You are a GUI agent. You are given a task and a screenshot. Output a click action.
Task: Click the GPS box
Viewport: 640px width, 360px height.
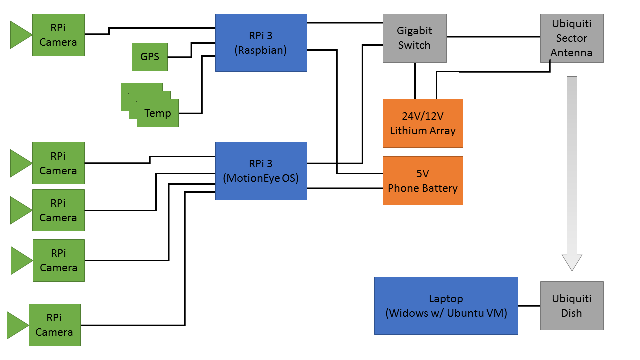[150, 57]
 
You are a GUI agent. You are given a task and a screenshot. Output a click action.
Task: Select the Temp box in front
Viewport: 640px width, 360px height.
[158, 113]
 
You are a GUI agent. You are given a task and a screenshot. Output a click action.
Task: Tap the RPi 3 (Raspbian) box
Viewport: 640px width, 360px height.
[261, 43]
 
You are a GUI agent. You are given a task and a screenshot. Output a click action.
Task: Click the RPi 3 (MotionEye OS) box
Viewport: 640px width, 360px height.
[261, 171]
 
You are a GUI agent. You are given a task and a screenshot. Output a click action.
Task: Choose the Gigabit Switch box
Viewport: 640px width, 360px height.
[414, 38]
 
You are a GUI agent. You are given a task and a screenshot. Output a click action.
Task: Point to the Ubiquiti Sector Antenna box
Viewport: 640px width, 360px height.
[572, 38]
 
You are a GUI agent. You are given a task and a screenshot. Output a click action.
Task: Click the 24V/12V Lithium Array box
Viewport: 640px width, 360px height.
[423, 123]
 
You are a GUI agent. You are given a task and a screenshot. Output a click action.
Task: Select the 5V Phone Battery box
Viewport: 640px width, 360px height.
[423, 181]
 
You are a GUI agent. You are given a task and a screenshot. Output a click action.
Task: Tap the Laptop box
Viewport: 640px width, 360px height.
[446, 306]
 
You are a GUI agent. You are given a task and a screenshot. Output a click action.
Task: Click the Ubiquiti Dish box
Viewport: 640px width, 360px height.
[572, 306]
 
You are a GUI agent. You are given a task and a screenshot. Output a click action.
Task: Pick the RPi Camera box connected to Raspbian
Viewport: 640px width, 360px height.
[58, 35]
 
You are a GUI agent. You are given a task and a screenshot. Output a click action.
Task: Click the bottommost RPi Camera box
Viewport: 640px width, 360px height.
[54, 325]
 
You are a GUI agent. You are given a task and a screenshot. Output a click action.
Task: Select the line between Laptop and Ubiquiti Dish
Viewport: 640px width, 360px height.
[529, 306]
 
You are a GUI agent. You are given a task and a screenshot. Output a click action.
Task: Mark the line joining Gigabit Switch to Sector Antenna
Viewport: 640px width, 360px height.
[493, 36]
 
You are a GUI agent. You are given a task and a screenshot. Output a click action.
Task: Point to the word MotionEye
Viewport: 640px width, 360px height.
[252, 178]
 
